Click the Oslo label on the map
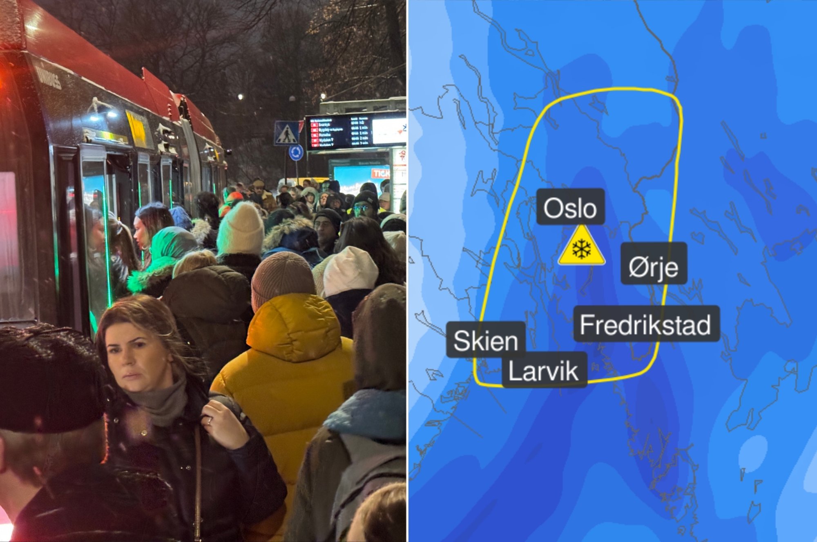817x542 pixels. (570, 207)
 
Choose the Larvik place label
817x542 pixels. (544, 370)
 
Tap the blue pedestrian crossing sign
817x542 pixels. (286, 133)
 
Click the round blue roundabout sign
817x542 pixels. (296, 153)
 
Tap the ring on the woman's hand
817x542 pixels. (209, 421)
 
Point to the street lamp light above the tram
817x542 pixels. (240, 97)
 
